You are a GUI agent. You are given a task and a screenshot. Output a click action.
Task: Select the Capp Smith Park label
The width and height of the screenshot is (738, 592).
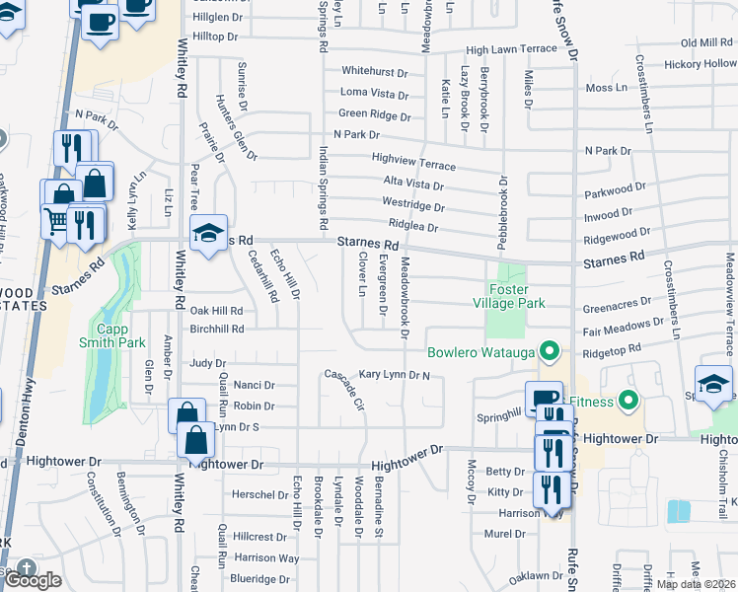click(x=120, y=335)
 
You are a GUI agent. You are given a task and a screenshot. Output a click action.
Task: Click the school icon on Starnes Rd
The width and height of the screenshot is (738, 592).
click(x=208, y=234)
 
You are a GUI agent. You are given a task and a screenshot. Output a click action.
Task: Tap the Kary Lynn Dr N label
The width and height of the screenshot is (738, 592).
click(x=395, y=375)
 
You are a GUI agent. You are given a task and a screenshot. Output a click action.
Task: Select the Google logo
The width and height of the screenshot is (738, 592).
click(x=33, y=580)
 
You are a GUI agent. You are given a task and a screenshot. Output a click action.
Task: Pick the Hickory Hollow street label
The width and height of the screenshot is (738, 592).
click(x=700, y=63)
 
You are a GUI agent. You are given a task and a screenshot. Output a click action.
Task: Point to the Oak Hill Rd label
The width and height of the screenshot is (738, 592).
click(x=216, y=310)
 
